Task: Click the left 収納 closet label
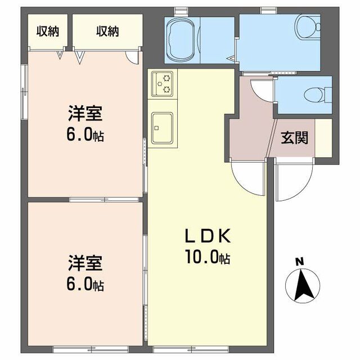click(48, 31)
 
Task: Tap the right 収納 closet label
click(107, 31)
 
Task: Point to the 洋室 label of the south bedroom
click(85, 263)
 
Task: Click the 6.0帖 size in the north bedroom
click(85, 136)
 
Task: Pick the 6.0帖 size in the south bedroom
click(85, 284)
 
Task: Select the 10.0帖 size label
click(207, 258)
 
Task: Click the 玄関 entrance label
click(294, 137)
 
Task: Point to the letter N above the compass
click(300, 261)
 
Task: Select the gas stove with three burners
click(163, 83)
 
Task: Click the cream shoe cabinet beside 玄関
click(323, 138)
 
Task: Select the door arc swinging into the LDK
click(247, 179)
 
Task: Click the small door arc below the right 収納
click(132, 55)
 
